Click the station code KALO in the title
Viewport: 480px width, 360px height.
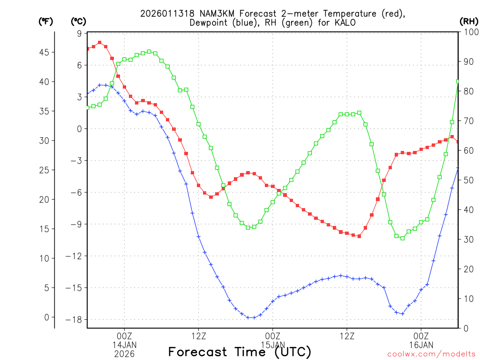[346, 22]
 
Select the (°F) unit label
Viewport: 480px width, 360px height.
[45, 22]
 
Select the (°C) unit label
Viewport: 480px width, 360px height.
[78, 22]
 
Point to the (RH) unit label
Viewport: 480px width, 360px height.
[468, 22]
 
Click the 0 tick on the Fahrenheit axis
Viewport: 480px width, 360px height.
[46, 317]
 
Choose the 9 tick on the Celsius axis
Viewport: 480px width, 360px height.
[79, 33]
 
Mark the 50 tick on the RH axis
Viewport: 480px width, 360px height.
[468, 180]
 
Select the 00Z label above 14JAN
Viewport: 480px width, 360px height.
[124, 336]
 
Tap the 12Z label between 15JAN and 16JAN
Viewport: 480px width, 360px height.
[347, 336]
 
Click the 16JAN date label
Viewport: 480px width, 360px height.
[421, 345]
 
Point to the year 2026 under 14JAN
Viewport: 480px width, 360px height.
[124, 354]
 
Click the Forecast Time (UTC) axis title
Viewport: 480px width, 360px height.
[240, 352]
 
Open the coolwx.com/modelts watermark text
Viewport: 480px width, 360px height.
[431, 354]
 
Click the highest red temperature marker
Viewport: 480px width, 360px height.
[99, 43]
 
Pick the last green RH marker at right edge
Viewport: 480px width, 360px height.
[458, 81]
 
